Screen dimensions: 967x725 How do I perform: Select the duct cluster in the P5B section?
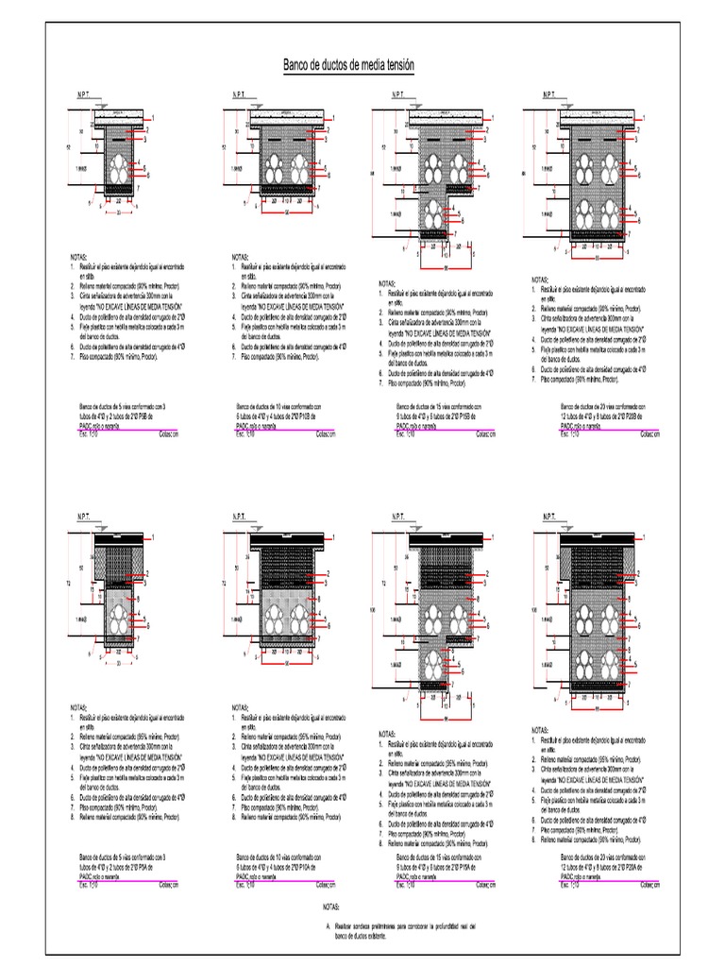[120, 170]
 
